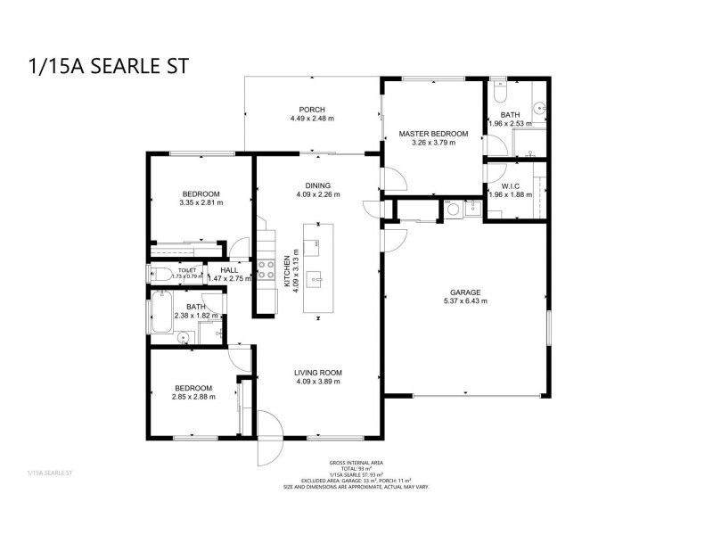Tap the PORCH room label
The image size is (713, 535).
pos(312,109)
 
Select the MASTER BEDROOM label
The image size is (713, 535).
pos(433,133)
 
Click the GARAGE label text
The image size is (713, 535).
pos(465,292)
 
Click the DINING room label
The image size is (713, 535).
pos(318,185)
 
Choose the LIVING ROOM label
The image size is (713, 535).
pos(318,372)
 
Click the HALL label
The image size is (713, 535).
pos(228,269)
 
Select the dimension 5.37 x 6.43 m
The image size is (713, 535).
pos(465,301)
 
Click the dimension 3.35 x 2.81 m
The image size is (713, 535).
pos(201,202)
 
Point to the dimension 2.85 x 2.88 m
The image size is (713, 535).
pos(193,397)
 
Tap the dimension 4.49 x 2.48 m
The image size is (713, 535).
pos(312,119)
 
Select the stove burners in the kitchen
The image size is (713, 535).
pos(266,270)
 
